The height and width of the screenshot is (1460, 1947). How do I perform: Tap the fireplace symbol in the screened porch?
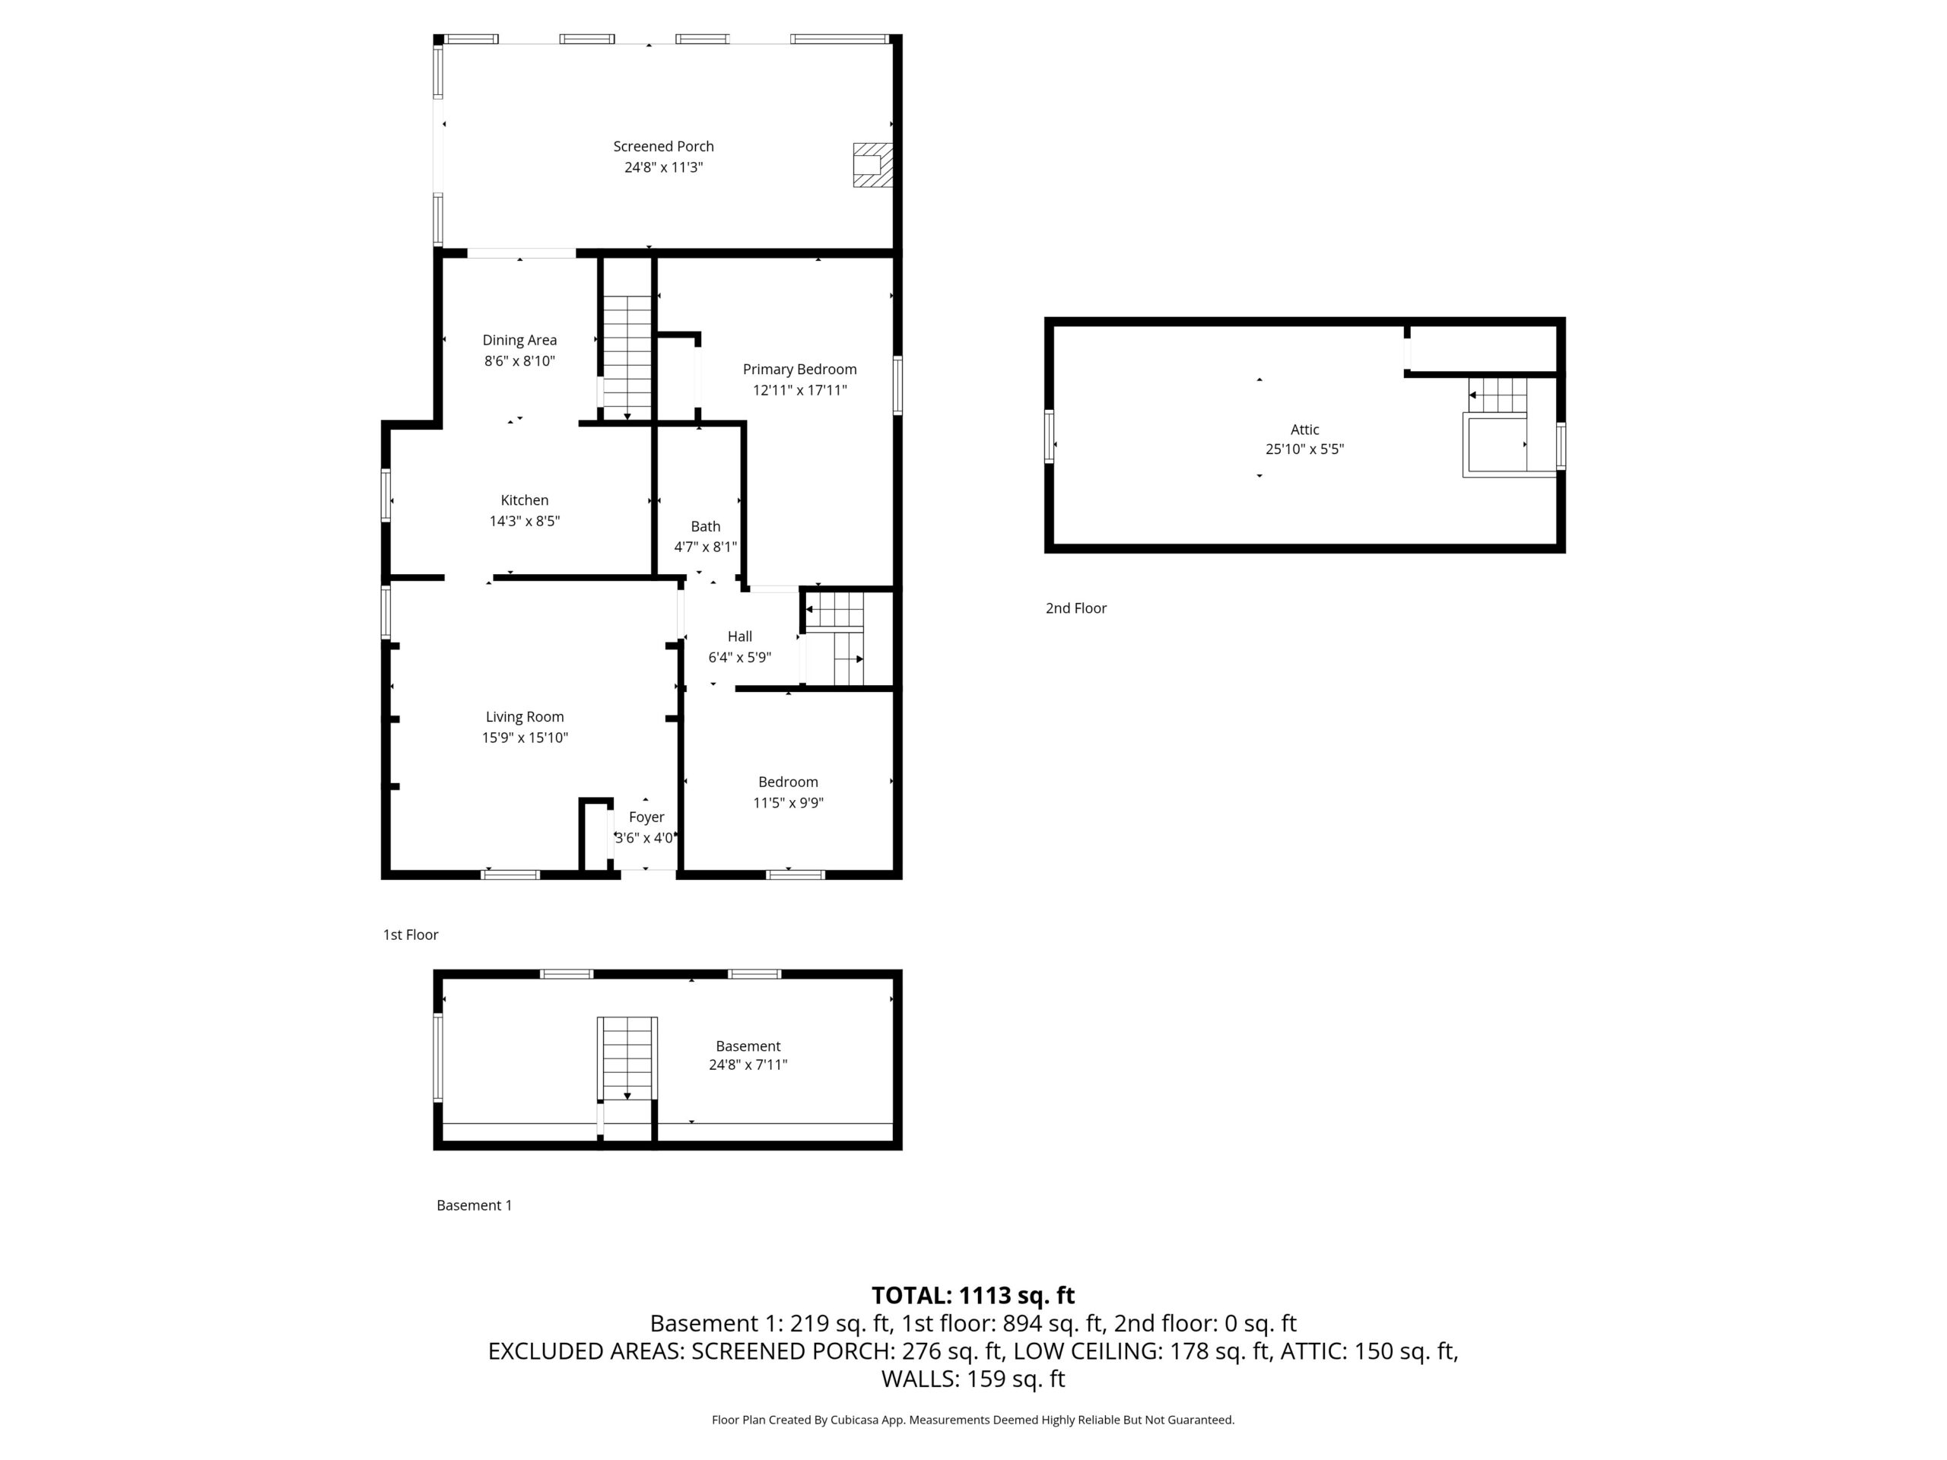tap(872, 164)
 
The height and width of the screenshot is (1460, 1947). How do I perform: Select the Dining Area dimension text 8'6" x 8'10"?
tap(519, 361)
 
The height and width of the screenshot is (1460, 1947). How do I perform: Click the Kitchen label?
tap(525, 500)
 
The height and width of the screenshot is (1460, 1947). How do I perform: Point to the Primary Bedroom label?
tap(799, 370)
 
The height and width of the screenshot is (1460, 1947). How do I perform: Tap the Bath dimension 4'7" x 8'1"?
tap(705, 547)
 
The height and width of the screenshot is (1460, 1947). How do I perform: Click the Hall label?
tap(739, 636)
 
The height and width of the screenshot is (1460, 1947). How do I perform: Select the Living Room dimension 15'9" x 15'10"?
tap(525, 738)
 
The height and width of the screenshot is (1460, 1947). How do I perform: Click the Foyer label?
tap(646, 817)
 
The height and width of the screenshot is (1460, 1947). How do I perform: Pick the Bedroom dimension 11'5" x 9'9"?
tap(788, 802)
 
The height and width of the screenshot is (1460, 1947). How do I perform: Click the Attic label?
tap(1304, 430)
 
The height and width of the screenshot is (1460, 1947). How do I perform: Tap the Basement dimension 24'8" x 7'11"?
tap(748, 1065)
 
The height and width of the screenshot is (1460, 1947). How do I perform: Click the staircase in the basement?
tap(627, 1058)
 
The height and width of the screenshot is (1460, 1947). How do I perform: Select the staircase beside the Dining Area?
tap(627, 357)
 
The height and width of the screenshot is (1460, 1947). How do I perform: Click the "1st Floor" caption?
tap(410, 935)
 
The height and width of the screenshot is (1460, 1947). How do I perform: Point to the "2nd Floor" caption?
tap(1075, 608)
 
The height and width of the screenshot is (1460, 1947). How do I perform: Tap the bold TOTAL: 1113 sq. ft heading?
tap(973, 1296)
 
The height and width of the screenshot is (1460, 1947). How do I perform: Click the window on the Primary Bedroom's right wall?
tap(897, 385)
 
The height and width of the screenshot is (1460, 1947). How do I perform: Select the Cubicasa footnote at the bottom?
tap(973, 1420)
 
